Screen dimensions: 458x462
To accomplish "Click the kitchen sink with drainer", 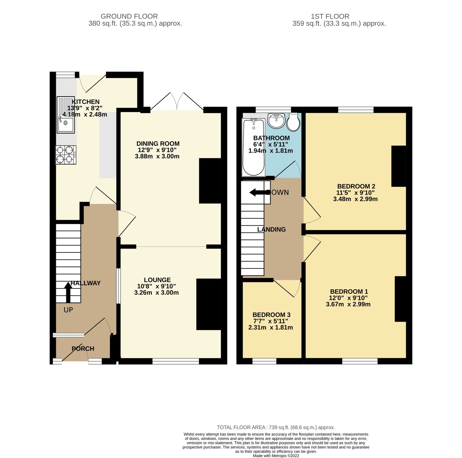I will (66, 115).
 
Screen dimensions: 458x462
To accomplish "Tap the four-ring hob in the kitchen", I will (66, 155).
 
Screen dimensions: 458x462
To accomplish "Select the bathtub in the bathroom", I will (254, 147).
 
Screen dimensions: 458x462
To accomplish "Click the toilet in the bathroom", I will (293, 122).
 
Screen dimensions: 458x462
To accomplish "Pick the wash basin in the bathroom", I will (276, 121).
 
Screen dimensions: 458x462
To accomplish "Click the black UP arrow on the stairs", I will (68, 292).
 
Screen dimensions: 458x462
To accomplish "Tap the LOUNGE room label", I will (157, 280).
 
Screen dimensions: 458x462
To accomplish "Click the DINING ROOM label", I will (158, 144).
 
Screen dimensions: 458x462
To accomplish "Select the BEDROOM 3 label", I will (271, 315).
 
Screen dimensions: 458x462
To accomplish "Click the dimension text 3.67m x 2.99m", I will (348, 304).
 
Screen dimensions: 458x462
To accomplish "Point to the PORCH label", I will (83, 349).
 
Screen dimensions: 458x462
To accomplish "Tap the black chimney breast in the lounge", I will (208, 304).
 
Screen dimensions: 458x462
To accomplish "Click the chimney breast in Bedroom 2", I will (398, 166).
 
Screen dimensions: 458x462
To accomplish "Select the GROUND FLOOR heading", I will (129, 16).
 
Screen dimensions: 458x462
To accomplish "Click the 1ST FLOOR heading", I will (330, 16).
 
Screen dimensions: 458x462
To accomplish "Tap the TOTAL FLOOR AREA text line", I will (276, 427).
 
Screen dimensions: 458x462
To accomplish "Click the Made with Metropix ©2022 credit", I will (276, 456).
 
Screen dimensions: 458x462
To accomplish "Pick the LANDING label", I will (271, 230).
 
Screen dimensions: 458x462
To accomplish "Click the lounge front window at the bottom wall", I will (176, 361).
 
